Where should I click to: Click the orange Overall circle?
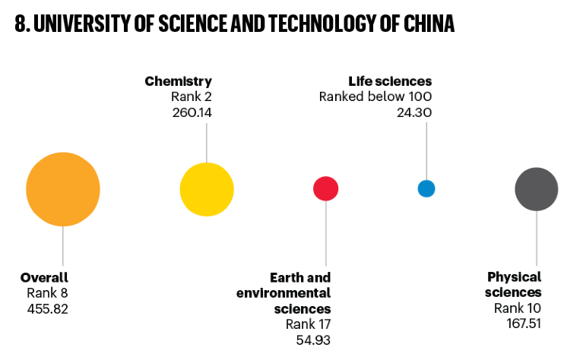[63, 189]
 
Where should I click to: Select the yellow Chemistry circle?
[207, 189]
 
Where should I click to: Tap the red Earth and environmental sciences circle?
[325, 188]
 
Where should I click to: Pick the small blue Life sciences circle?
[426, 188]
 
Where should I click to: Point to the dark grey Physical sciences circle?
[537, 189]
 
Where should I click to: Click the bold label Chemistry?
[178, 81]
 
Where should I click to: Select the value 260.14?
[192, 112]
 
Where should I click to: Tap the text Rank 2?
[192, 96]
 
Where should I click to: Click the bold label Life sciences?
[390, 81]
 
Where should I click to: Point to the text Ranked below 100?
[375, 96]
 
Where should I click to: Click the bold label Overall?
[44, 277]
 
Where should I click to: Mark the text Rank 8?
[48, 293]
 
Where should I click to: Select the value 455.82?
[47, 308]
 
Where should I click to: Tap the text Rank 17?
[308, 324]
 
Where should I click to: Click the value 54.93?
[313, 339]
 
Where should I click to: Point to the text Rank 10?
[518, 308]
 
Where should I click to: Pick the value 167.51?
[524, 324]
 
